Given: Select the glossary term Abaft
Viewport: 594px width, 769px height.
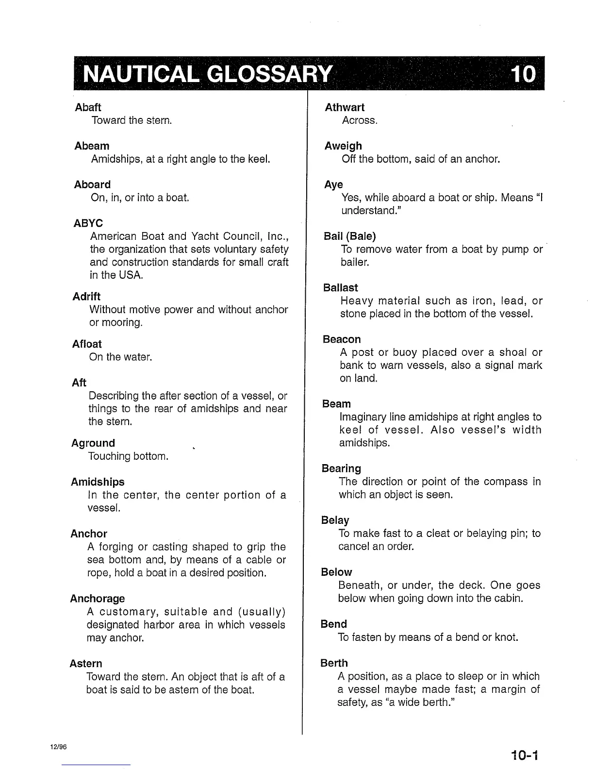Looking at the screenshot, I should pos(88,107).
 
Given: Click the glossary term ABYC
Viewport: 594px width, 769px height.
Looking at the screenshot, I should pos(88,224).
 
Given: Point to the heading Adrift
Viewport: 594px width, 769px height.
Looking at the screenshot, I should pos(86,297).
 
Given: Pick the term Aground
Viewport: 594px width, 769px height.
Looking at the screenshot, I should pos(93,443).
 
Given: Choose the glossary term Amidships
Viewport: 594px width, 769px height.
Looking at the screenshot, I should pos(98,482).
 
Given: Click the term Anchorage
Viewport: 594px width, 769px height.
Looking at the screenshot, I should pos(97,599).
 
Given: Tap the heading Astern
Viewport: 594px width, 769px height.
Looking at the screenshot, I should pos(86,664).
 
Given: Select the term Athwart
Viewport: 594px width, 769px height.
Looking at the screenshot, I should pos(345,107).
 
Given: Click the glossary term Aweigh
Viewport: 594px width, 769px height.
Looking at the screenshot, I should pos(343,146).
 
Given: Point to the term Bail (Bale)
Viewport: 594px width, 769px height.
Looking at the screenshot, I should pos(349,236).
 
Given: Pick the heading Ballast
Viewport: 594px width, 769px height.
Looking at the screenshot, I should pos(341,288).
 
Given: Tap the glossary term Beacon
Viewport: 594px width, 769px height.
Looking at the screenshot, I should pos(342,339).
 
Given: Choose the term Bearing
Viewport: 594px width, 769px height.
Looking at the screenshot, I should pos(341,468).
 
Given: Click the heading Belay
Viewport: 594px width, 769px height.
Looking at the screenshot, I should pos(335,520).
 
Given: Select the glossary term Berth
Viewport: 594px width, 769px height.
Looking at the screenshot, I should pos(334,663).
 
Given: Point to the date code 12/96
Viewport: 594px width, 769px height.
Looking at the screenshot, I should pos(58,747).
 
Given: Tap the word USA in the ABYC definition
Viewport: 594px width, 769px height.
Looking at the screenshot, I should pos(130,275).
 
